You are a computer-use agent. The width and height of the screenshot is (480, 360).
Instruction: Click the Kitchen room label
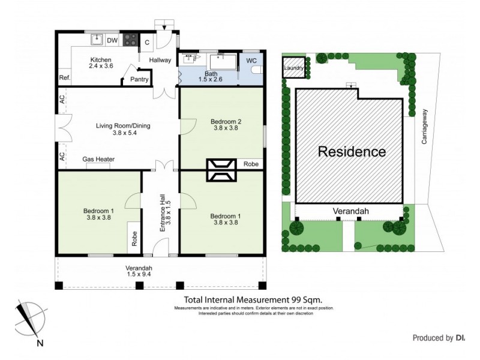tap(100, 60)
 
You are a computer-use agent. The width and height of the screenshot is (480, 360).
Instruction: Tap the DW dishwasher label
tap(112, 40)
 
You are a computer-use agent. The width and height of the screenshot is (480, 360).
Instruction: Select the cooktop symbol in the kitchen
tap(130, 40)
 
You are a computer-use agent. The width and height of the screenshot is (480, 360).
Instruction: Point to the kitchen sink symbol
tap(96, 40)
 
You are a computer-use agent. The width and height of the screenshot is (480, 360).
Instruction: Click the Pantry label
tap(139, 79)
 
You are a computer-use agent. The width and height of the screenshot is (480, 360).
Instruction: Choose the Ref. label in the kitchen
tap(64, 78)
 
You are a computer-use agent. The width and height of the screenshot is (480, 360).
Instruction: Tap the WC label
tap(250, 61)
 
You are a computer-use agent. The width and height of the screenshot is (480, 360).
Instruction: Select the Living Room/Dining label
tap(123, 126)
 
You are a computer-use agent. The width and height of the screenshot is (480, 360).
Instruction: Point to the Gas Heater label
tap(98, 160)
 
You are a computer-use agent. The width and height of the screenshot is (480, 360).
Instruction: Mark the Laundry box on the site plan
tap(293, 68)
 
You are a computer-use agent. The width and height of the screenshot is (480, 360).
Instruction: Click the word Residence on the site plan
tap(351, 152)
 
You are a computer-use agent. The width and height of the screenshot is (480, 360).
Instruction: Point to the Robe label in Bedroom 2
tap(250, 163)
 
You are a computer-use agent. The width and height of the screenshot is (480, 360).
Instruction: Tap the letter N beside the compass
tap(40, 343)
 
